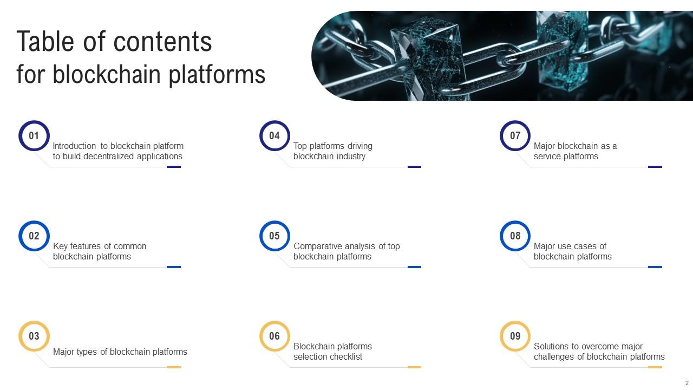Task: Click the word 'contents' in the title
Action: [163, 42]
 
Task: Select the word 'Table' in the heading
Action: [45, 41]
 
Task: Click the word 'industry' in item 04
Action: [351, 157]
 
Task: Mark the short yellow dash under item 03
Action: [174, 367]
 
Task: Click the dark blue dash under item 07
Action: [655, 167]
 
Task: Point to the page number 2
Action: [687, 383]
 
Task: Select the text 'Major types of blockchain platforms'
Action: [120, 352]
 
